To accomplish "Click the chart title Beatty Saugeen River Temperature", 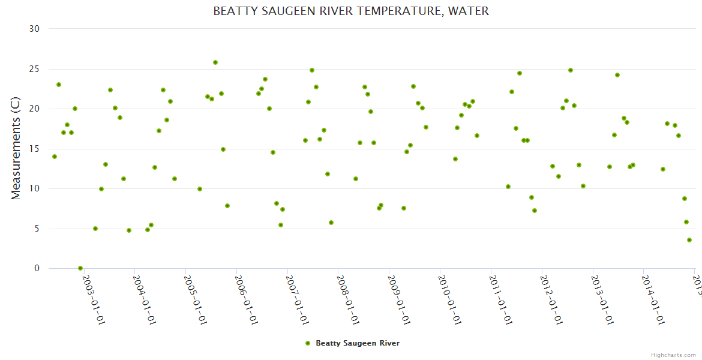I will [x=350, y=11].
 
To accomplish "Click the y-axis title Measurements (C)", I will [x=16, y=148].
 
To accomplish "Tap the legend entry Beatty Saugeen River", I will [x=357, y=343].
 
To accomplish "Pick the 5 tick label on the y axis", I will [x=37, y=229].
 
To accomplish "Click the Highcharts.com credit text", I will [x=673, y=355].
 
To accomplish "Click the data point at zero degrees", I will [x=80, y=268].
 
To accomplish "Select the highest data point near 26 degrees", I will [x=215, y=62].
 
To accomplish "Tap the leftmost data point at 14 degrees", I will [x=55, y=157].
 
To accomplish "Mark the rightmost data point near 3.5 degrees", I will [x=689, y=240].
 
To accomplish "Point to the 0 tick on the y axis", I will [x=37, y=269].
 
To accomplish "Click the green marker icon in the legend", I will [x=308, y=343].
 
